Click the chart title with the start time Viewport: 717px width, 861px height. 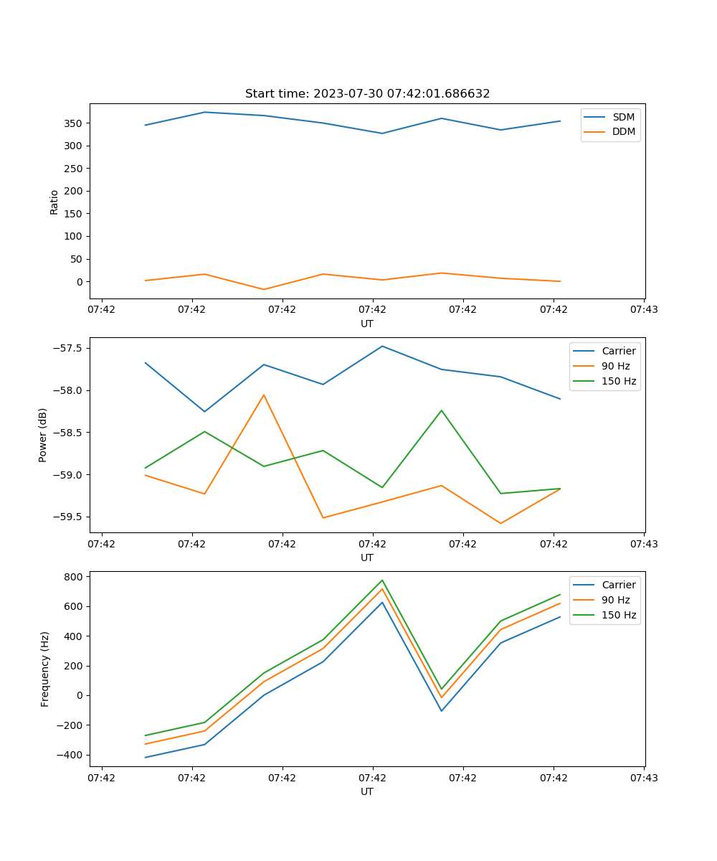(367, 94)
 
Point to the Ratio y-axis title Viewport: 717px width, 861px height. (54, 202)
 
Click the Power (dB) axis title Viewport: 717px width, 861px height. (43, 435)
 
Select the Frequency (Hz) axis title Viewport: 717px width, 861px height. (44, 669)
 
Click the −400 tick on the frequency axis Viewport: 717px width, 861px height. (72, 755)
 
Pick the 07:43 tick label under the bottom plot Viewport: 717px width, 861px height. (643, 778)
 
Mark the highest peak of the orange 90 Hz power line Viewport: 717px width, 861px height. (264, 395)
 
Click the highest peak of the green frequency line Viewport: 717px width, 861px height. (382, 580)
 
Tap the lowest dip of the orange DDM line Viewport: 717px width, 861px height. (264, 289)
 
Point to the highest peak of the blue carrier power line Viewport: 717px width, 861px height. (382, 346)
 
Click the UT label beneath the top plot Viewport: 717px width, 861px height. (367, 324)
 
